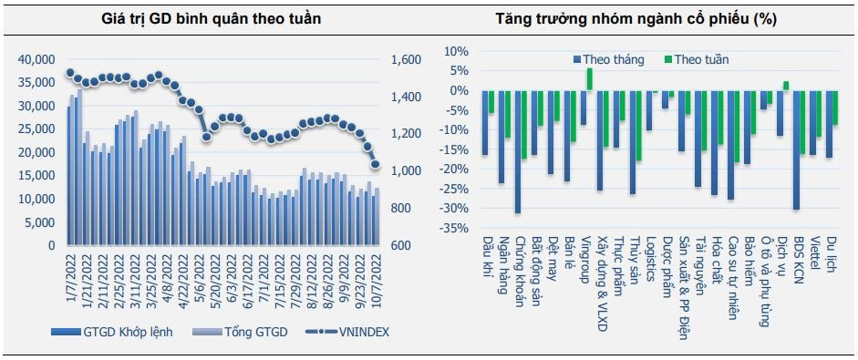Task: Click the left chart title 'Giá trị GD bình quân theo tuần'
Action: point(211,18)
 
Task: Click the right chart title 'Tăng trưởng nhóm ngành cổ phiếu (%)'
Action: point(636,18)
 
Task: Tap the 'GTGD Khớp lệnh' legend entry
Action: point(112,332)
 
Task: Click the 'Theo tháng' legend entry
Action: point(608,59)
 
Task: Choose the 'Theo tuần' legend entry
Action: point(697,59)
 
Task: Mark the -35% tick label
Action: point(455,228)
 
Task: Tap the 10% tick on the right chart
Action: point(459,51)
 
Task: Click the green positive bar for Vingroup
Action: point(589,79)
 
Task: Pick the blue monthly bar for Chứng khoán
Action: point(518,151)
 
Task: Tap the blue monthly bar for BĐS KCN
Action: point(796,149)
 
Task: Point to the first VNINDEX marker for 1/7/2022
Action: point(69,73)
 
